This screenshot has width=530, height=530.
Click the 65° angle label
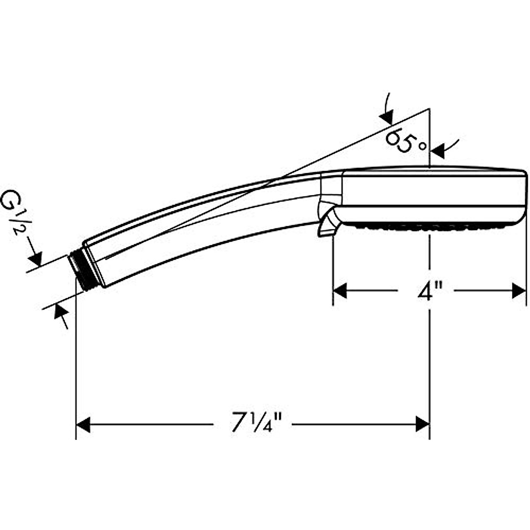(x=406, y=141)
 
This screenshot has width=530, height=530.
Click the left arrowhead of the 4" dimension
(x=340, y=291)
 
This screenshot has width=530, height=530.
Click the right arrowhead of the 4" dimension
(x=519, y=291)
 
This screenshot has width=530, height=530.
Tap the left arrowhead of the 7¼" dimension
(x=83, y=424)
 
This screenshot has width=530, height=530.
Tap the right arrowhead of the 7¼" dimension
(x=423, y=424)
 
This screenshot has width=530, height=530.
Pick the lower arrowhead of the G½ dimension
(x=61, y=311)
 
